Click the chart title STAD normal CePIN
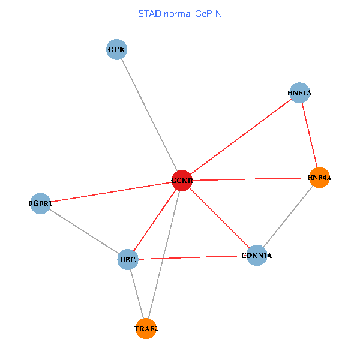tap(180, 13)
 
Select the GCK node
tap(116, 49)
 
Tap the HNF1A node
tap(299, 93)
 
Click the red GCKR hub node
tap(182, 181)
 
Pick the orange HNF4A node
tap(319, 178)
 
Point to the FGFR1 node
tap(40, 203)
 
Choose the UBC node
tap(128, 260)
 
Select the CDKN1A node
tap(257, 256)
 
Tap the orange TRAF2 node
tap(146, 329)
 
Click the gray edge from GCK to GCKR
tap(149, 115)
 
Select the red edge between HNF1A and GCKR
tap(240, 137)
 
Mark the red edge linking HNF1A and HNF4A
tap(309, 135)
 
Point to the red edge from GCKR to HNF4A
tap(250, 179)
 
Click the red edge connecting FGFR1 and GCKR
tap(111, 192)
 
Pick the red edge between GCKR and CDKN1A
tap(219, 218)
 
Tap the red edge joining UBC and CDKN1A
tap(193, 257)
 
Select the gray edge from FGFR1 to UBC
tap(84, 232)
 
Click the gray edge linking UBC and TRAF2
tap(137, 294)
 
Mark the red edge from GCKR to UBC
tap(155, 220)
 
